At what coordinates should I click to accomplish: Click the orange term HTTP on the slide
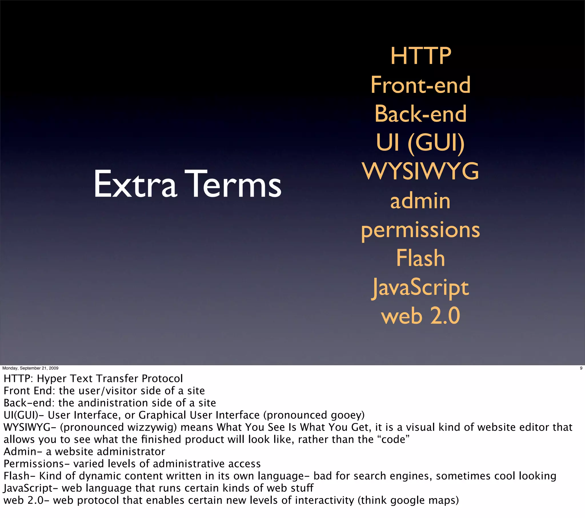421,56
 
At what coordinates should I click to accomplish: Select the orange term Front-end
420,85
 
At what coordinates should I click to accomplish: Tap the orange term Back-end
420,114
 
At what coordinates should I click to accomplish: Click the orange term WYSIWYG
420,171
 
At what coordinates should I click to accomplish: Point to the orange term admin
420,201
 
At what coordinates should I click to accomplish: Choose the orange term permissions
420,230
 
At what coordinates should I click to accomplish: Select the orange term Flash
420,258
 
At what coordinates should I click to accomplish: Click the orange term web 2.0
420,316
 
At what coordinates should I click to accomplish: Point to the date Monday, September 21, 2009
30,368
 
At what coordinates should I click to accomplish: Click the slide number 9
581,368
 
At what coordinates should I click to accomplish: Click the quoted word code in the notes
394,440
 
